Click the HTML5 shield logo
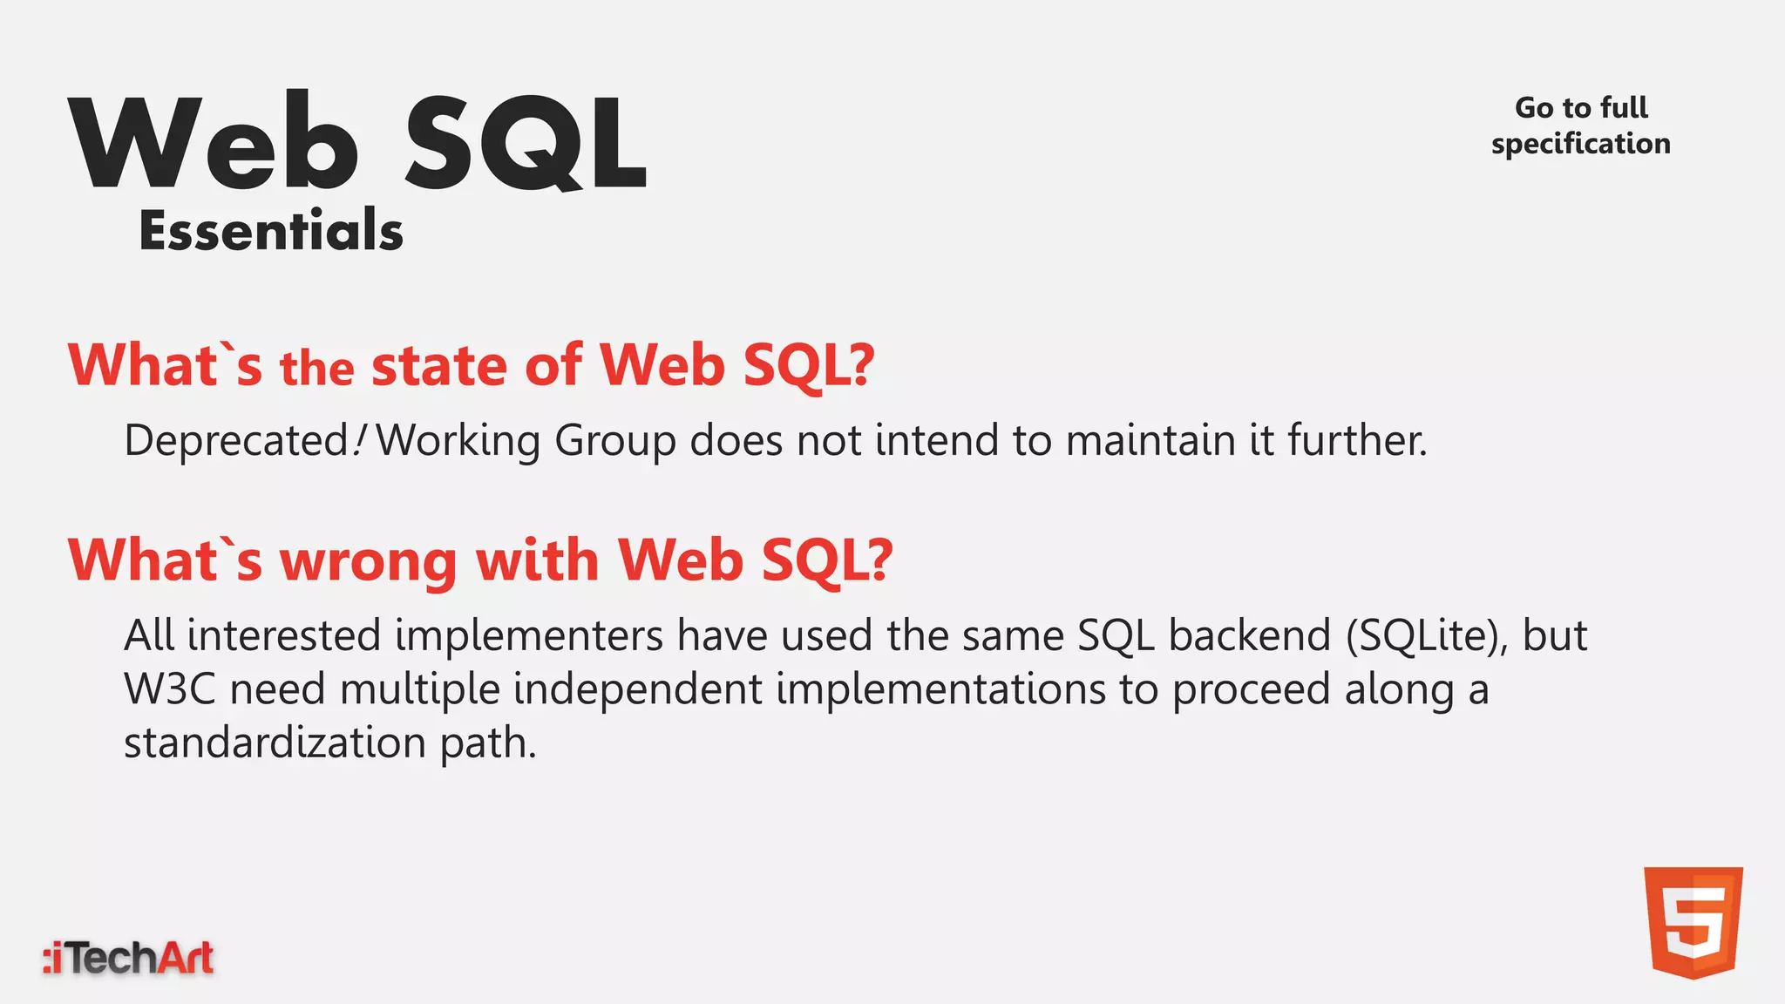[1693, 922]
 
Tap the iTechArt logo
[128, 958]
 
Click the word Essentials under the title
[271, 232]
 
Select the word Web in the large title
[214, 143]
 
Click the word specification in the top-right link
[1580, 144]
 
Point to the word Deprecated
[236, 440]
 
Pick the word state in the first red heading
[439, 366]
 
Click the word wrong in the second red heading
[368, 560]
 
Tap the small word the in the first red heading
[316, 369]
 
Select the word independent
[637, 689]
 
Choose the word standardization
[275, 743]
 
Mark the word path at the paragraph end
[487, 744]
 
